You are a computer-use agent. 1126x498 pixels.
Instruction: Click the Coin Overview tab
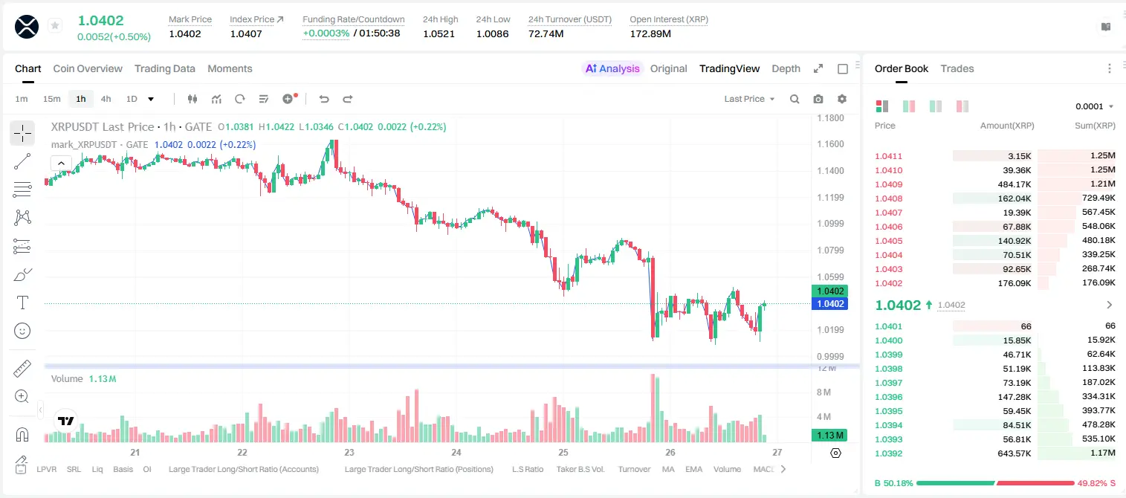pos(88,68)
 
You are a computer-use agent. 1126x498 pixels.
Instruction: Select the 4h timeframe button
pos(106,99)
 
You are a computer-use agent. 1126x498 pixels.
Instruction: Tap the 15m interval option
pos(52,99)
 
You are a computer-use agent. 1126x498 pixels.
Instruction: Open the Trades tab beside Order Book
pos(957,68)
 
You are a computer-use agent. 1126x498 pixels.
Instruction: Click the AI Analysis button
pos(612,68)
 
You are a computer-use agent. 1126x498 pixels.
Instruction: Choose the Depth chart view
pos(786,68)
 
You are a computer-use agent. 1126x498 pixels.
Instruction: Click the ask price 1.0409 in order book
pos(889,184)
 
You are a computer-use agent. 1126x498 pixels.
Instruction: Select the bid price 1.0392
pos(889,453)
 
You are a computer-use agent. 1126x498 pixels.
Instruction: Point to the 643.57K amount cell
pos(1014,453)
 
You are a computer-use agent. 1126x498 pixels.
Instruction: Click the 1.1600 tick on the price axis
pos(830,144)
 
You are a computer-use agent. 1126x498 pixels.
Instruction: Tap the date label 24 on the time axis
pos(456,452)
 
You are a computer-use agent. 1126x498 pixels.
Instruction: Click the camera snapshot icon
pos(818,99)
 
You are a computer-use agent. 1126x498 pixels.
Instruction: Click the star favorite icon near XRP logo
pos(55,25)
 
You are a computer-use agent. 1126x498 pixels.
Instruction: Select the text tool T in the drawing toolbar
pos(22,303)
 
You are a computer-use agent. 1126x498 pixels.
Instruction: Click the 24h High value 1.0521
pos(439,33)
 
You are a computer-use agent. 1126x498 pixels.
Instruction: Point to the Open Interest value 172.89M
pos(650,33)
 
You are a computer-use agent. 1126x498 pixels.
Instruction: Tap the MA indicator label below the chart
pos(668,469)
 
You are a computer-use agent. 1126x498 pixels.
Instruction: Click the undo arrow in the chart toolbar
pos(324,99)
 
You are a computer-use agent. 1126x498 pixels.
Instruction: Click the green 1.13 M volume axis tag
pos(829,435)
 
